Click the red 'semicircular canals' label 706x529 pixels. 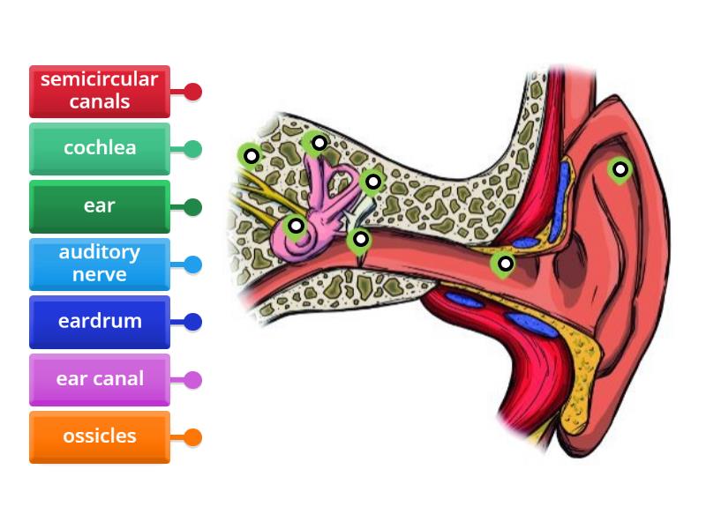pyautogui.click(x=99, y=91)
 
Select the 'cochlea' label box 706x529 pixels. pyautogui.click(x=99, y=148)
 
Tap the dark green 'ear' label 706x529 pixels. pyautogui.click(x=99, y=206)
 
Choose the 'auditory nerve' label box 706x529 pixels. pyautogui.click(x=99, y=264)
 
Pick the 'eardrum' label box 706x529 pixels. pyautogui.click(x=99, y=322)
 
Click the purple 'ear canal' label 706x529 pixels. pyautogui.click(x=99, y=379)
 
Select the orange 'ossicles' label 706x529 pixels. pyautogui.click(x=99, y=436)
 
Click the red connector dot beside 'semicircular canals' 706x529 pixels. pyautogui.click(x=192, y=92)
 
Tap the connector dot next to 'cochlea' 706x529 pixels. pyautogui.click(x=192, y=149)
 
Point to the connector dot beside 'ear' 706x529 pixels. pyautogui.click(x=192, y=207)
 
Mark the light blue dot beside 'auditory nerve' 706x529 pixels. pyautogui.click(x=192, y=264)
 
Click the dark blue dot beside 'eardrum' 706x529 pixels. pyautogui.click(x=192, y=322)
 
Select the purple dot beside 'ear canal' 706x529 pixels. pyautogui.click(x=192, y=380)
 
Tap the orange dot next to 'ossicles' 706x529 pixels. pyautogui.click(x=192, y=437)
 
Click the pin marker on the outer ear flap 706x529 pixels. pyautogui.click(x=620, y=169)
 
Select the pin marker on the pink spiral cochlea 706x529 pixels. pyautogui.click(x=296, y=226)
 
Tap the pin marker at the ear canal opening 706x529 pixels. pyautogui.click(x=504, y=264)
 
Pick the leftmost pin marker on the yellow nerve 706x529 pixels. pyautogui.click(x=251, y=157)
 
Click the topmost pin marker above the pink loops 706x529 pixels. pyautogui.click(x=318, y=143)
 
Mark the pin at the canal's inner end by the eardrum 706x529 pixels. pyautogui.click(x=359, y=239)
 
